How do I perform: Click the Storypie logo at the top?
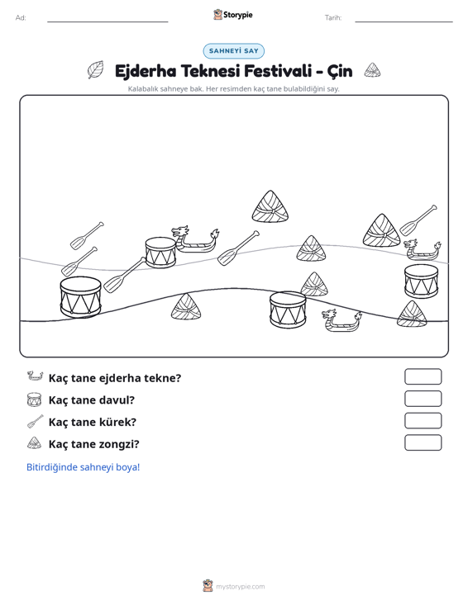pos(233,15)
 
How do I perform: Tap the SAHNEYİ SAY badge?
pos(234,51)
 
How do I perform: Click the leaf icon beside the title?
pos(95,70)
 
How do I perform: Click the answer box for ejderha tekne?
pos(423,376)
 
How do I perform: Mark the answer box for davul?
pos(423,399)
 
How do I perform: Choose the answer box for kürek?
pos(423,421)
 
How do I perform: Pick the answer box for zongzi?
pos(423,442)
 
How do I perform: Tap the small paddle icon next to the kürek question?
pos(36,421)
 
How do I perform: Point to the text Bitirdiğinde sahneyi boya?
pos(83,467)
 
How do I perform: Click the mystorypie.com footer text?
pos(241,587)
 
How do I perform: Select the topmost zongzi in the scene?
pos(270,207)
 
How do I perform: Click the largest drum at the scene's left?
pos(81,296)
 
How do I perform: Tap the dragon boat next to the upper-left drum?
pos(195,239)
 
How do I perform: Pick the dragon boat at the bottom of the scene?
pos(341,320)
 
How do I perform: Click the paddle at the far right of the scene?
pos(418,220)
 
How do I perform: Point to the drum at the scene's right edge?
pos(421,281)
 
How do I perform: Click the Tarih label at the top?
pos(333,18)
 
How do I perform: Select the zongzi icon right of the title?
pos(372,70)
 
